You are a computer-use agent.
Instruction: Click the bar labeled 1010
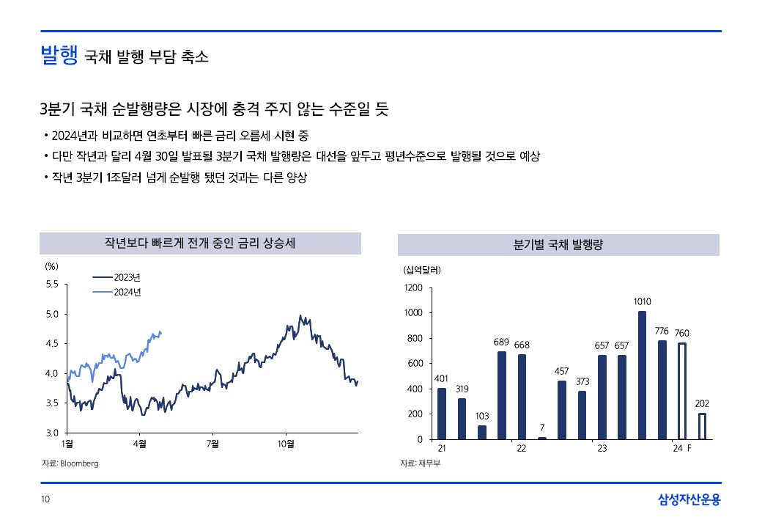[x=642, y=375]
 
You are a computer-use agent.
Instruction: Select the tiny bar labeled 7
[x=541, y=438]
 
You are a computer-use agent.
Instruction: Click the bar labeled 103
[x=482, y=432]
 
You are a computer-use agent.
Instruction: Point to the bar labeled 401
[x=442, y=414]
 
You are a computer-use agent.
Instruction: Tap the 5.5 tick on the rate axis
[x=53, y=284]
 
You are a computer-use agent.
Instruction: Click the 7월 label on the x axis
[x=212, y=444]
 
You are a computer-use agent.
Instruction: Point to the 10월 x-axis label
[x=286, y=444]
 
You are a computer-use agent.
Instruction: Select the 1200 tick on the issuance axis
[x=413, y=288]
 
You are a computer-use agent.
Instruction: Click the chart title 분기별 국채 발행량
[x=558, y=244]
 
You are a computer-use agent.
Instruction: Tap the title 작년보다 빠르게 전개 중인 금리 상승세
[x=200, y=243]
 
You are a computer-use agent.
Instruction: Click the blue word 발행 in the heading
[x=59, y=56]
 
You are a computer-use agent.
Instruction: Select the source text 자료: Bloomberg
[x=70, y=463]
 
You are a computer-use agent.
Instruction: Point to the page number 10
[x=45, y=500]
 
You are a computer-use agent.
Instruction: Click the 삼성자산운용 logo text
[x=689, y=500]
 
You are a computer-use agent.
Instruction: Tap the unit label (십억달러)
[x=421, y=270]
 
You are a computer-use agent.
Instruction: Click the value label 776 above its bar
[x=662, y=331]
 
